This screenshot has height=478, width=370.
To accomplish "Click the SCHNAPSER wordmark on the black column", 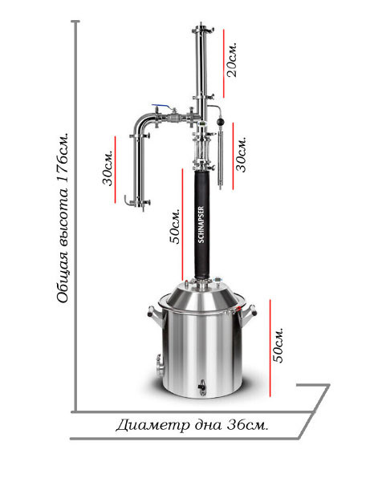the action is click(x=201, y=225).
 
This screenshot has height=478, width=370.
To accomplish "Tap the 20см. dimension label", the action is click(x=231, y=59).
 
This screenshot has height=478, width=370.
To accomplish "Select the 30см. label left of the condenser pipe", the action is click(x=108, y=167).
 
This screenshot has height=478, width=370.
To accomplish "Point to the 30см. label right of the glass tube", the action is click(x=241, y=154).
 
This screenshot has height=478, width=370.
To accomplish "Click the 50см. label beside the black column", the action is click(x=175, y=226).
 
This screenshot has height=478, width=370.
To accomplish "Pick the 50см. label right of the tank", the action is click(x=278, y=346).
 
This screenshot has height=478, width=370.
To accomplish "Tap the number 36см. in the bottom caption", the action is click(x=247, y=425).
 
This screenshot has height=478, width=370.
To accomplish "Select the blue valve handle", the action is click(x=161, y=106).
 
